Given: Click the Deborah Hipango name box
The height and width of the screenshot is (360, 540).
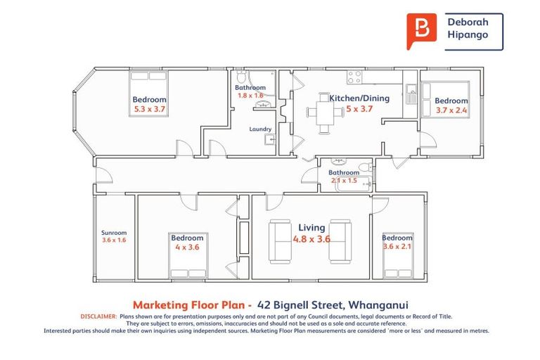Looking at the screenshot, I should [473, 32].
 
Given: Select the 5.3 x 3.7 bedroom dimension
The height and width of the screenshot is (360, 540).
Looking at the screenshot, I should [149, 110].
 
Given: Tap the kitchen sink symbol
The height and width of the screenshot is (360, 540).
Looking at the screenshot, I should [411, 90].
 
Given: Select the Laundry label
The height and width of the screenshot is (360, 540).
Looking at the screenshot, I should [260, 129].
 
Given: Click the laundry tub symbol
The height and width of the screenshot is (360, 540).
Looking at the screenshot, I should [269, 140].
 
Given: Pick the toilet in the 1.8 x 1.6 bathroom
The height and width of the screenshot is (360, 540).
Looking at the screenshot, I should [241, 77].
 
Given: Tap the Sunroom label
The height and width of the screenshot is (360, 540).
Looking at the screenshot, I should [113, 233].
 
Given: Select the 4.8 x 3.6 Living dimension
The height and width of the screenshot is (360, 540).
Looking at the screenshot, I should [311, 239].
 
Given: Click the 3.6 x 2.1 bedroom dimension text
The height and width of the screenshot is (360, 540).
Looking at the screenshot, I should [397, 247].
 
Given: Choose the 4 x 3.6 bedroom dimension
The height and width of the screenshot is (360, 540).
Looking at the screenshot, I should [187, 247].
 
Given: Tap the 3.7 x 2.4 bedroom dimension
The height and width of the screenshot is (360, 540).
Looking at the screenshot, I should [451, 110].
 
